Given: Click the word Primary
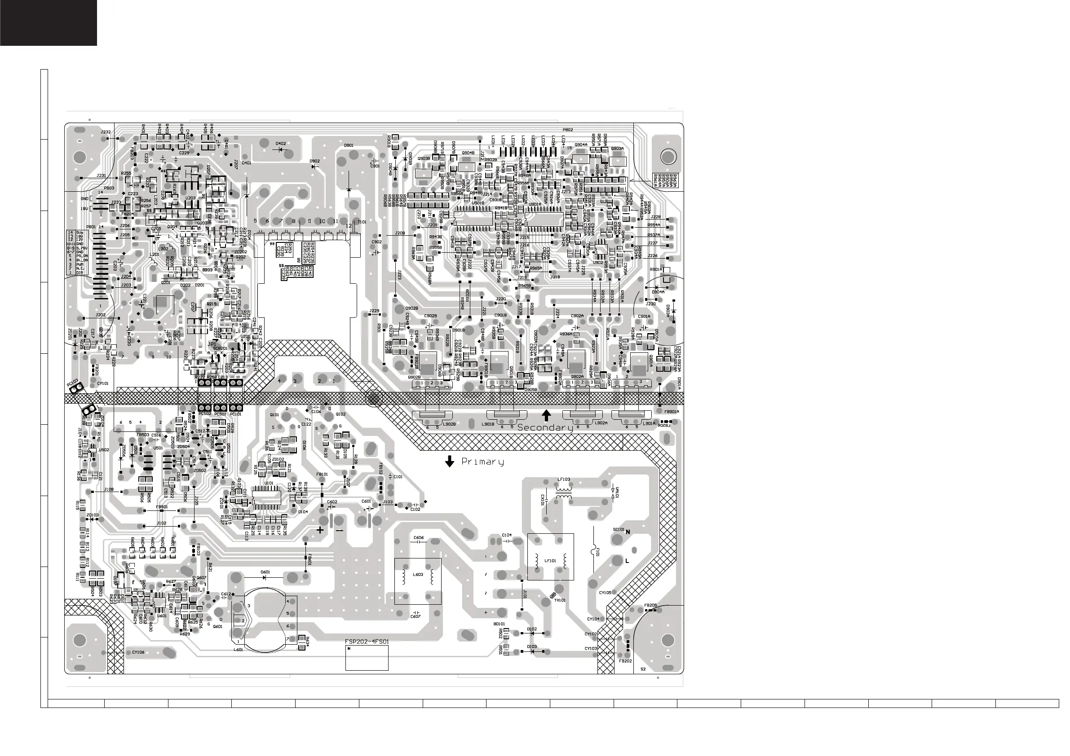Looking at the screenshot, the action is (x=482, y=462).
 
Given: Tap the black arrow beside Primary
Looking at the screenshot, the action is (x=449, y=461).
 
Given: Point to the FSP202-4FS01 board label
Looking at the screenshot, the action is (x=367, y=642).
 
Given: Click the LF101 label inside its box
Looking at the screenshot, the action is (x=550, y=561).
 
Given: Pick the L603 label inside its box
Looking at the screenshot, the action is (x=418, y=574).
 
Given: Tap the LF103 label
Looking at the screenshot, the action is (x=563, y=479).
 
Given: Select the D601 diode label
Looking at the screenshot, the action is (x=265, y=571).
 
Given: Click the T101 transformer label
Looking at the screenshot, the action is (x=362, y=222).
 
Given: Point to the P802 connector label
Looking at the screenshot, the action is (x=568, y=130).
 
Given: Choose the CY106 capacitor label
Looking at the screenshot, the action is (x=138, y=652).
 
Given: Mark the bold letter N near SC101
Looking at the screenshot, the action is (x=628, y=532).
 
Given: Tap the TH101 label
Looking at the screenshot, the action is (x=560, y=600).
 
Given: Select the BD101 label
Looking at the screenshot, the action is (x=499, y=624).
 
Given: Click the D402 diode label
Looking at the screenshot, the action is (x=281, y=144).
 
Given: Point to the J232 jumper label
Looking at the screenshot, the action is (x=106, y=132).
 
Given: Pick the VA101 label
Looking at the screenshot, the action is (x=618, y=492).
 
